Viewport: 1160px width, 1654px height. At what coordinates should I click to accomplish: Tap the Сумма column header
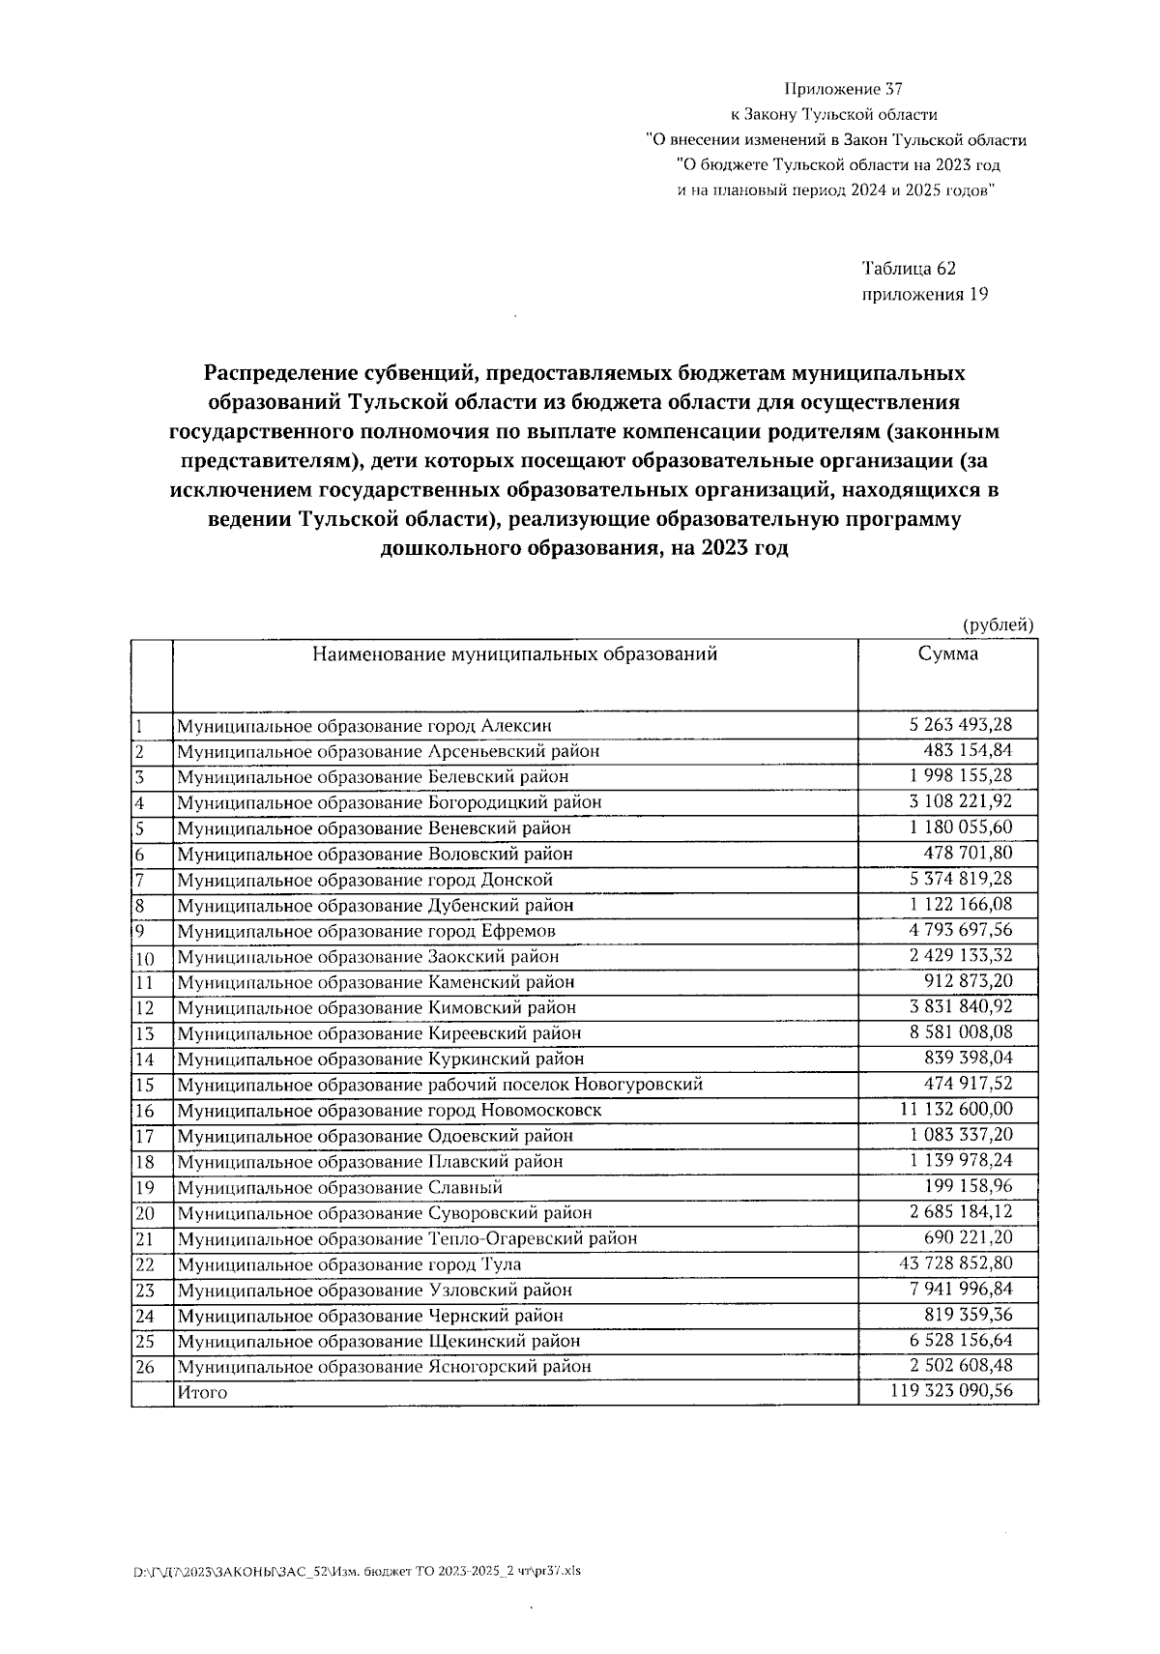pos(947,654)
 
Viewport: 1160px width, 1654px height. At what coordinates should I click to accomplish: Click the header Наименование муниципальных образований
pos(514,654)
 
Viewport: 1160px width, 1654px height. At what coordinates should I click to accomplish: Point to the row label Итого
pos(202,1393)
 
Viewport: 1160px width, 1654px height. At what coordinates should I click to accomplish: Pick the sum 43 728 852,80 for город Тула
pos(955,1263)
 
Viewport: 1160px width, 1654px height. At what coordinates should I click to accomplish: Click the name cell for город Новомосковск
pos(389,1110)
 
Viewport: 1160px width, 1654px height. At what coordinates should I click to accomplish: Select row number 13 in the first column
pos(144,1033)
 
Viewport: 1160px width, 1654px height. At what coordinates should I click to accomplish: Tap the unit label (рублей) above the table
pos(999,625)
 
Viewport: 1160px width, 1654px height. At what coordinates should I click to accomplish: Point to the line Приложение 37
pos(842,90)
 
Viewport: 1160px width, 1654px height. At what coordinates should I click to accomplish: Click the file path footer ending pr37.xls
pos(357,1571)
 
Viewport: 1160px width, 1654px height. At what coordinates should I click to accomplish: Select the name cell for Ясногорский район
pos(384,1367)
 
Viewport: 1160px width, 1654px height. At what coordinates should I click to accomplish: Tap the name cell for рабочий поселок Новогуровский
pos(439,1085)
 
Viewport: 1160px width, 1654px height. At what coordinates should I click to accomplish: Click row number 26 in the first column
pos(144,1367)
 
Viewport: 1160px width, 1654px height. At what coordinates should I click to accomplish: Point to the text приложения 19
pos(924,295)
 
